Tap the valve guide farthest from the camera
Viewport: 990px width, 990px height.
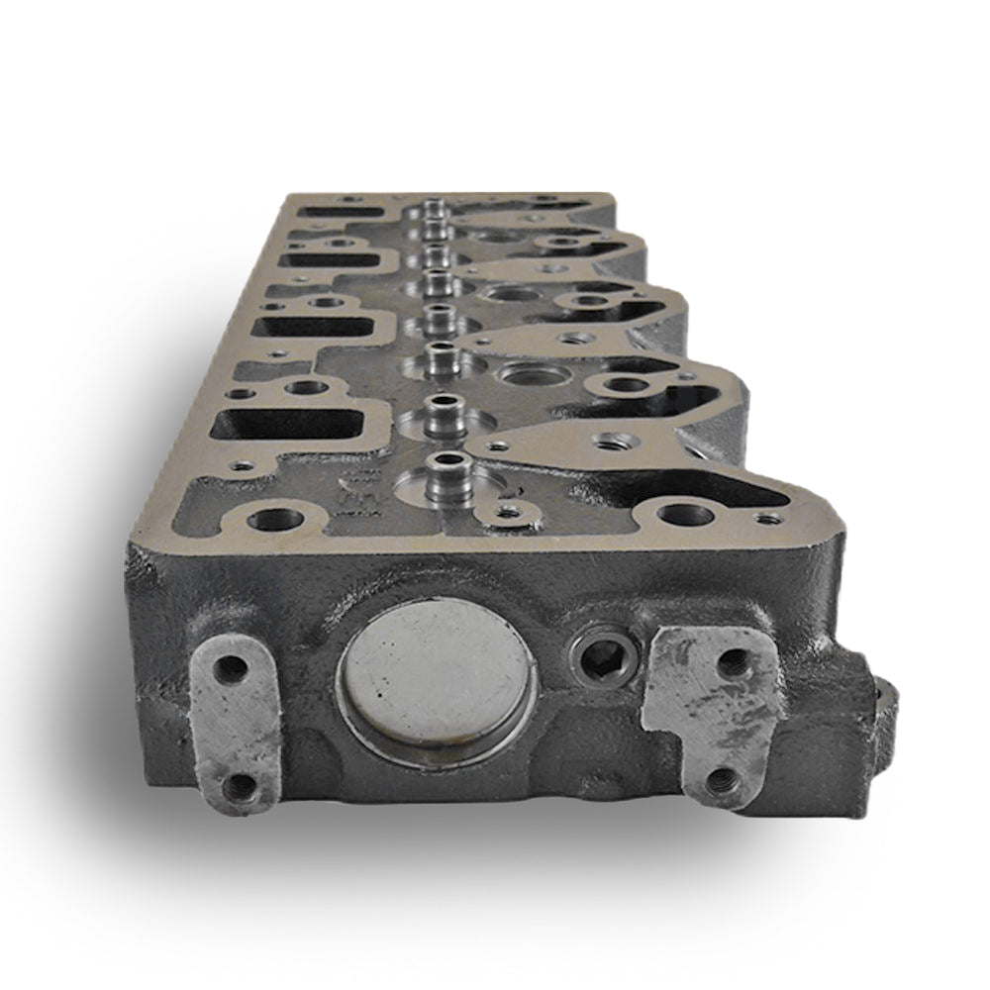(x=434, y=209)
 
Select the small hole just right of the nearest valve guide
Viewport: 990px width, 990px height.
(x=509, y=512)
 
